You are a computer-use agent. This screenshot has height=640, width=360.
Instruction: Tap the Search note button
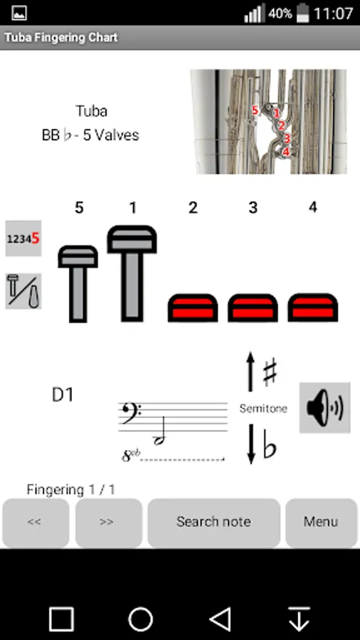click(213, 523)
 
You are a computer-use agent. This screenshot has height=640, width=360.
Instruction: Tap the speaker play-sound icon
click(325, 407)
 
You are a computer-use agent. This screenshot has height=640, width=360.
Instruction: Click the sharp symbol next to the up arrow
click(270, 372)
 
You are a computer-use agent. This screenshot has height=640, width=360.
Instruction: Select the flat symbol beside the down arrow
click(270, 447)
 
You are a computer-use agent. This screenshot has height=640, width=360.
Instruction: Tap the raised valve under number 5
click(78, 284)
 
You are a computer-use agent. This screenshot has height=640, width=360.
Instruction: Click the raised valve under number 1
click(132, 274)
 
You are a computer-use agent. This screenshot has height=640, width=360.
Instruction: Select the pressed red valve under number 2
click(193, 308)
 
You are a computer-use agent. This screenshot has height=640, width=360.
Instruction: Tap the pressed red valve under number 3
click(253, 308)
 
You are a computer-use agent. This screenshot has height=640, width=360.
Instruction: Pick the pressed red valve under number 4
click(312, 308)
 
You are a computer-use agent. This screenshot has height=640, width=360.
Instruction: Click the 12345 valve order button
click(23, 238)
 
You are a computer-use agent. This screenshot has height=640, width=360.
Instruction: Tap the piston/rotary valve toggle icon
click(23, 291)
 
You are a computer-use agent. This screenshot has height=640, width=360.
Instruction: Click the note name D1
click(63, 395)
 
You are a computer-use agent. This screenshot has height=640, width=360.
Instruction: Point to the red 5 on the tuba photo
click(255, 110)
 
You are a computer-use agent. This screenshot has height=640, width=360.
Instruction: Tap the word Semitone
click(263, 409)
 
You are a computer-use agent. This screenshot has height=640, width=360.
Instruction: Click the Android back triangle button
click(221, 619)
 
